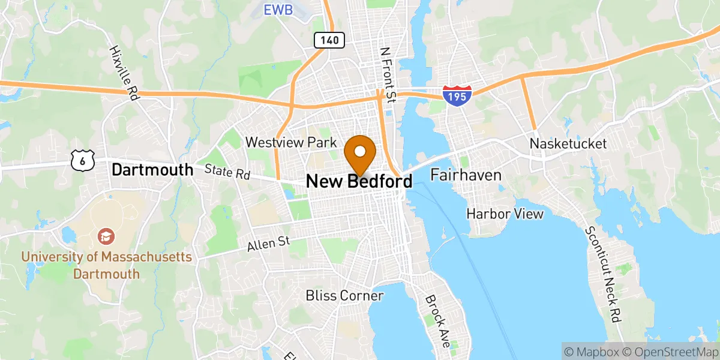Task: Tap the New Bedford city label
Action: (x=359, y=181)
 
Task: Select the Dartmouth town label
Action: (x=152, y=170)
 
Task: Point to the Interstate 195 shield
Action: (x=457, y=95)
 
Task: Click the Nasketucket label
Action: (x=568, y=144)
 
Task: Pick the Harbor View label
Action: (x=505, y=214)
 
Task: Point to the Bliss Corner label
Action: (x=344, y=295)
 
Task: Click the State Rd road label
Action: (x=227, y=173)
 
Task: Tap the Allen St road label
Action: (x=268, y=243)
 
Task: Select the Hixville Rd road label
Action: (x=124, y=72)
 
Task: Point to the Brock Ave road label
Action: (x=437, y=322)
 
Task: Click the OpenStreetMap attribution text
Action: (x=670, y=351)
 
